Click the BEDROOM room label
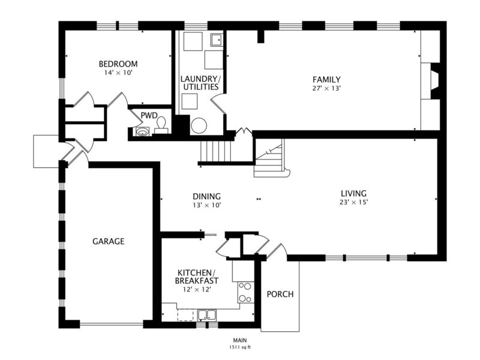click(118, 64)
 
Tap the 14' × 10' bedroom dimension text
click(118, 73)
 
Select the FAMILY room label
click(326, 80)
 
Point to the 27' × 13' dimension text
click(326, 88)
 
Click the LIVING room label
click(353, 193)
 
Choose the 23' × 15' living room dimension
click(353, 202)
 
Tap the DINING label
click(206, 196)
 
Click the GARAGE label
click(109, 241)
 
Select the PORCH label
click(280, 294)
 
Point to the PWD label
click(149, 115)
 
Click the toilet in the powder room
click(161, 126)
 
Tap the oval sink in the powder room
click(142, 132)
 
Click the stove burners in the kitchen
click(245, 292)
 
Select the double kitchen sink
click(207, 315)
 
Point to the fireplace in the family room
click(434, 81)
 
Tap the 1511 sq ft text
click(241, 347)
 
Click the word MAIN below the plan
click(240, 340)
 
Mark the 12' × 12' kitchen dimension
click(197, 289)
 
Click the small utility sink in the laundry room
click(217, 40)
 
